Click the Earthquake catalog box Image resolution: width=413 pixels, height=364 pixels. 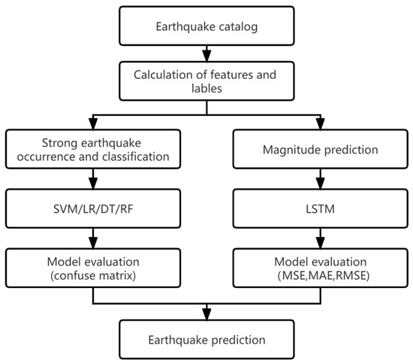[x=206, y=27]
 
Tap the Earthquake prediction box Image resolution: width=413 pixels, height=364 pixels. [x=206, y=338]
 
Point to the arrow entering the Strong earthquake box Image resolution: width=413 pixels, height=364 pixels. [x=92, y=123]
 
